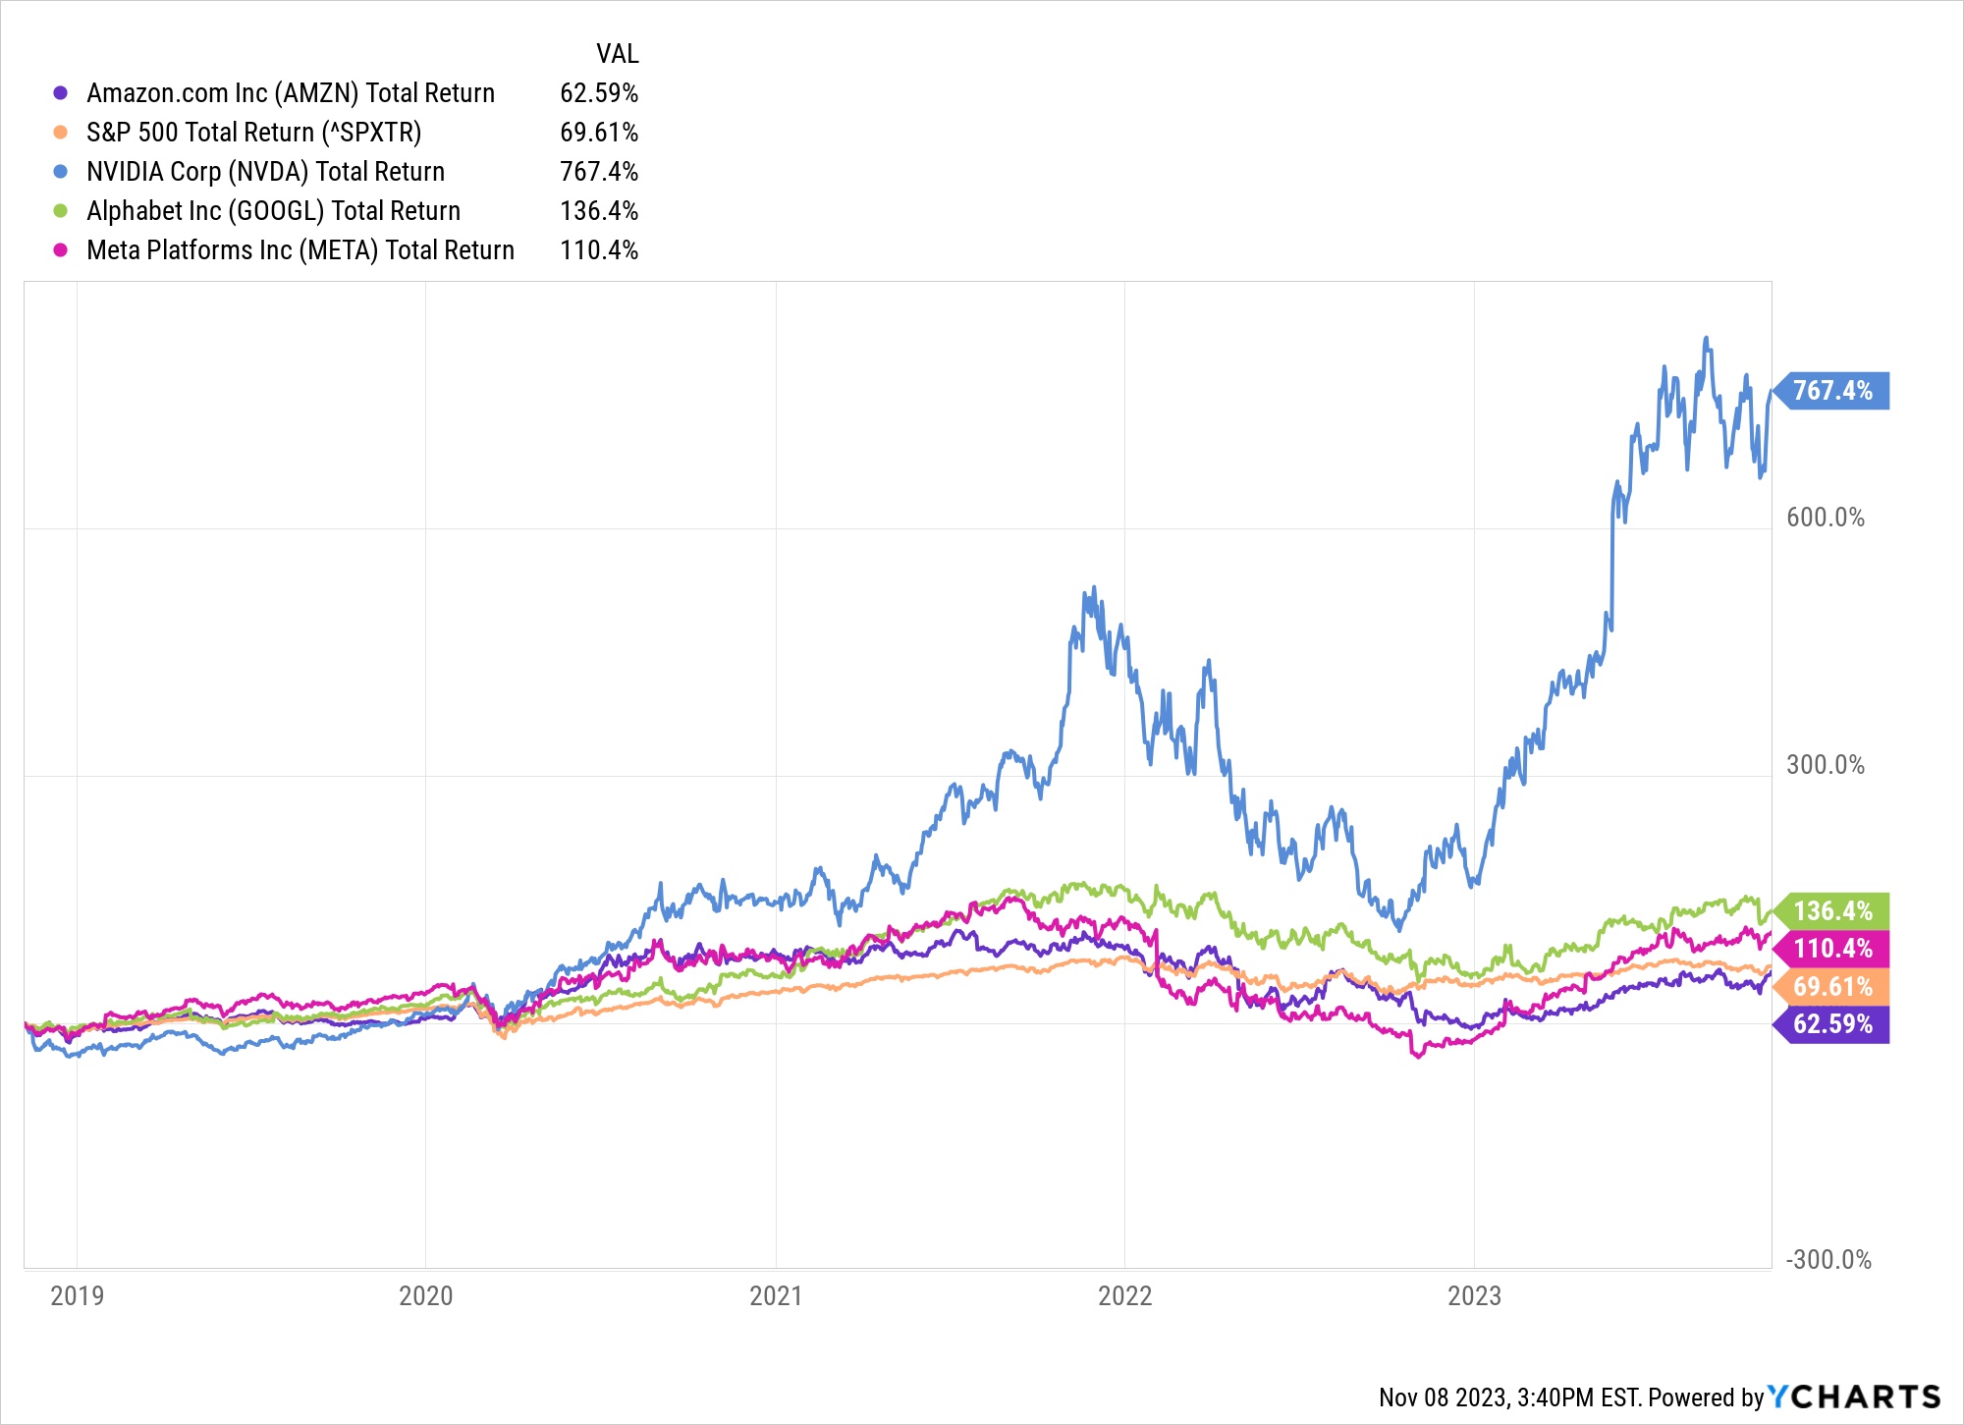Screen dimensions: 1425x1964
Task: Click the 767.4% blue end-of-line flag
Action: pyautogui.click(x=1832, y=391)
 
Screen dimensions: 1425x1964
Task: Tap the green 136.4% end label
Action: pyautogui.click(x=1832, y=911)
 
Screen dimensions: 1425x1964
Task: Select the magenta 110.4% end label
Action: pyautogui.click(x=1832, y=949)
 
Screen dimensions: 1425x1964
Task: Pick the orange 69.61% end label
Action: pyautogui.click(x=1832, y=987)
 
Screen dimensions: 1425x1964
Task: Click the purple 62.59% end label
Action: pyautogui.click(x=1832, y=1024)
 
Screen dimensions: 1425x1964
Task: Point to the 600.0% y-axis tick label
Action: pyautogui.click(x=1825, y=518)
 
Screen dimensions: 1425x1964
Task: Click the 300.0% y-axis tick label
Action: pyautogui.click(x=1825, y=765)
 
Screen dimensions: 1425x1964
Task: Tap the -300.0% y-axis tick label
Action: pyautogui.click(x=1828, y=1260)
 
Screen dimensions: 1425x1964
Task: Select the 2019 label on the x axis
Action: pyautogui.click(x=77, y=1296)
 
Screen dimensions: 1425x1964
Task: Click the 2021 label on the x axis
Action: pyautogui.click(x=776, y=1296)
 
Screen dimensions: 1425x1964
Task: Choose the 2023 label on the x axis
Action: pyautogui.click(x=1474, y=1296)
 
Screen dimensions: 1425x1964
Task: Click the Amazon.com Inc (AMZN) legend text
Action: pyautogui.click(x=291, y=93)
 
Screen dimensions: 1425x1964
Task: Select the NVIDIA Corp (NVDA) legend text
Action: pyautogui.click(x=265, y=172)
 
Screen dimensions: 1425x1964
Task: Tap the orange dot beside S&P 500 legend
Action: pyautogui.click(x=61, y=133)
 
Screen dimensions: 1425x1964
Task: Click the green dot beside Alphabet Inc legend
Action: pyautogui.click(x=61, y=211)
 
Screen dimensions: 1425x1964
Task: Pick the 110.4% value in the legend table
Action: pyautogui.click(x=599, y=250)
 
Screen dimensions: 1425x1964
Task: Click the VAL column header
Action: pyautogui.click(x=617, y=54)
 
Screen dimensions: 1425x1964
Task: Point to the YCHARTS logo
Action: pyautogui.click(x=1854, y=1397)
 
